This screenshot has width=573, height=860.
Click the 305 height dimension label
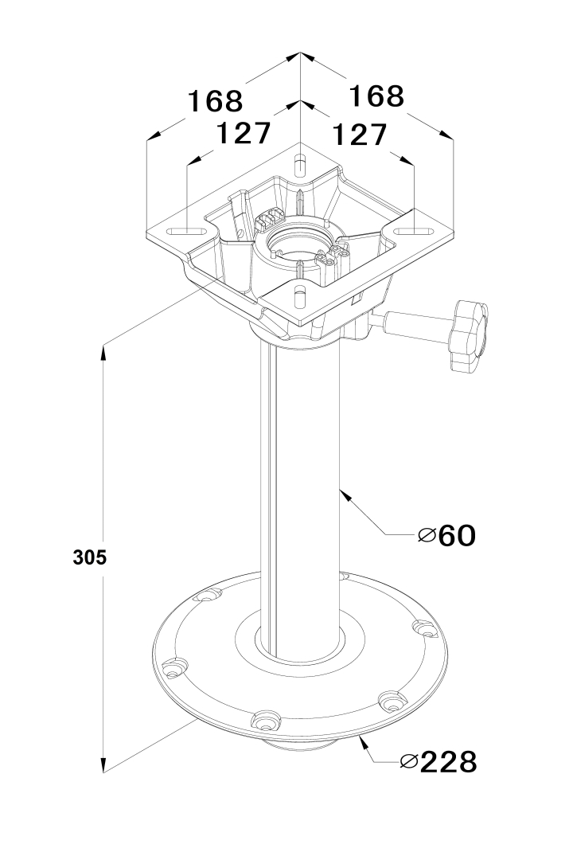click(x=90, y=557)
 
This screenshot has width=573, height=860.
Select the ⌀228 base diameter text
click(x=439, y=762)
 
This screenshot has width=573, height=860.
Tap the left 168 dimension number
click(x=215, y=101)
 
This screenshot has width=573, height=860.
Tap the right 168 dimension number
click(x=376, y=96)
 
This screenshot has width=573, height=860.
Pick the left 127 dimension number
click(x=244, y=133)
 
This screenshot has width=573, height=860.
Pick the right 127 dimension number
click(x=361, y=135)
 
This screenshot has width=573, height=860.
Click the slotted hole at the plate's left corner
click(x=187, y=232)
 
